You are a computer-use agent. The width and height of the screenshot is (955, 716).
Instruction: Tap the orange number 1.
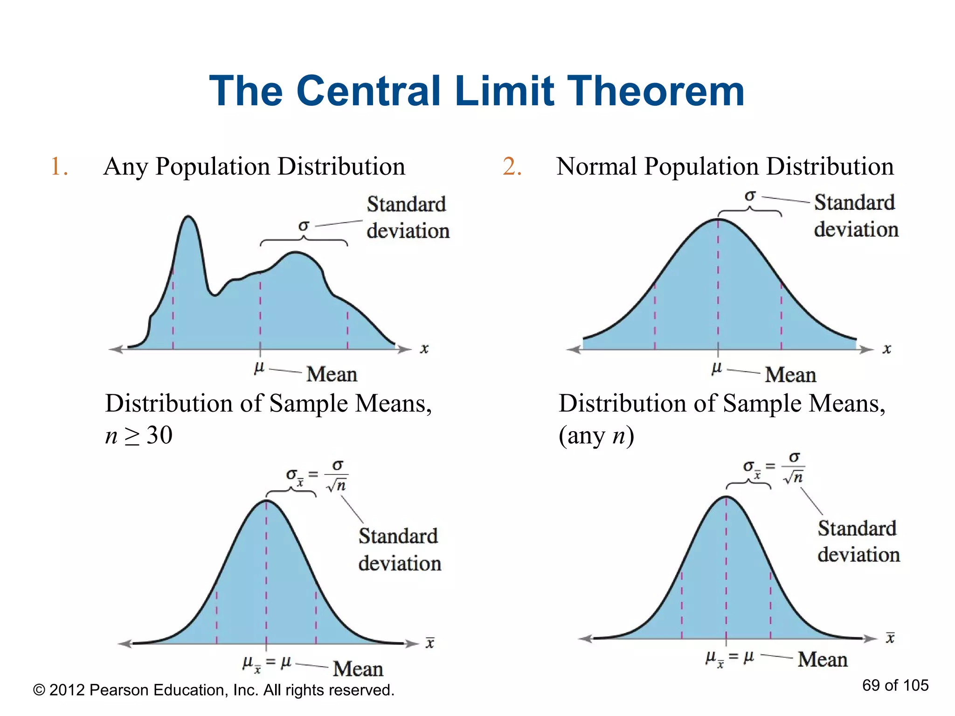pyautogui.click(x=58, y=166)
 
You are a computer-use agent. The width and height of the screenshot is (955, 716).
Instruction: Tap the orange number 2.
pyautogui.click(x=512, y=166)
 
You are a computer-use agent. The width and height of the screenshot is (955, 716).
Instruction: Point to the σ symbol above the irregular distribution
pyautogui.click(x=304, y=226)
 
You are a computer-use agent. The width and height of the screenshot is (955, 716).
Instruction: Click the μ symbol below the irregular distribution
pyautogui.click(x=259, y=367)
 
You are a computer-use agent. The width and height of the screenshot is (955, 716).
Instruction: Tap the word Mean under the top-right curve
pyautogui.click(x=790, y=375)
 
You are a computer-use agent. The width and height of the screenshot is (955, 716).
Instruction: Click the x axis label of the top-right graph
pyautogui.click(x=886, y=349)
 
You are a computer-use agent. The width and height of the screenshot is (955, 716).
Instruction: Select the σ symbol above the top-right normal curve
pyautogui.click(x=750, y=196)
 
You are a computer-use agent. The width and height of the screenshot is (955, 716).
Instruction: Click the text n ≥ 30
pyautogui.click(x=139, y=435)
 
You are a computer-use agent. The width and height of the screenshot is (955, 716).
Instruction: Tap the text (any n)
pyautogui.click(x=596, y=435)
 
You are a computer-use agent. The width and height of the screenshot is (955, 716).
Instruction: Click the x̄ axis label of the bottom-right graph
pyautogui.click(x=890, y=637)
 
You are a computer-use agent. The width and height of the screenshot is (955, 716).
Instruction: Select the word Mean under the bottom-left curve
pyautogui.click(x=358, y=669)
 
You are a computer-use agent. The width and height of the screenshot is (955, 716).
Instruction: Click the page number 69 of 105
pyautogui.click(x=895, y=685)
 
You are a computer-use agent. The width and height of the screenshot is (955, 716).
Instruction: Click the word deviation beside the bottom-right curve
pyautogui.click(x=858, y=555)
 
